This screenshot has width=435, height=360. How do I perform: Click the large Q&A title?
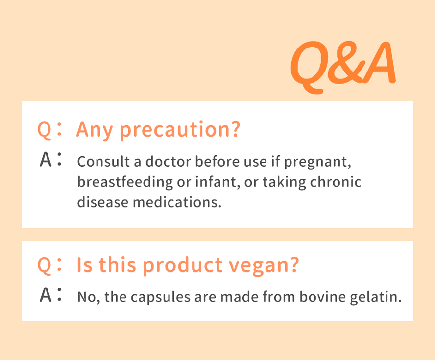pyautogui.click(x=343, y=67)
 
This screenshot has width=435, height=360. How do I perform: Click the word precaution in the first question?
pyautogui.click(x=180, y=130)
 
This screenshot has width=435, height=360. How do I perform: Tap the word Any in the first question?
pyautogui.click(x=95, y=130)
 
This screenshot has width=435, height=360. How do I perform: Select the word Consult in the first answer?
pyautogui.click(x=103, y=162)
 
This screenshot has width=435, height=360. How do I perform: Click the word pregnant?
pyautogui.click(x=317, y=162)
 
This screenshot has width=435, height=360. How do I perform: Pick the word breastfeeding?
pyautogui.click(x=125, y=182)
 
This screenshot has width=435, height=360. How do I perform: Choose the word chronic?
pyautogui.click(x=335, y=182)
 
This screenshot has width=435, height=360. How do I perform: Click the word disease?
pyautogui.click(x=102, y=202)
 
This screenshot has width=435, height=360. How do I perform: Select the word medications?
pyautogui.click(x=177, y=202)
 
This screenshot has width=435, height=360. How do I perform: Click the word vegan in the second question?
pyautogui.click(x=264, y=265)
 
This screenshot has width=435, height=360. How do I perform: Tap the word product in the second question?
pyautogui.click(x=183, y=265)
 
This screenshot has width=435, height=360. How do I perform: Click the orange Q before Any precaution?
pyautogui.click(x=45, y=130)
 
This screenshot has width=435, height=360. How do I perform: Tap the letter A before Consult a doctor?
pyautogui.click(x=46, y=160)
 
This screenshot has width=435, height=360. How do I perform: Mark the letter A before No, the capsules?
pyautogui.click(x=46, y=294)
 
